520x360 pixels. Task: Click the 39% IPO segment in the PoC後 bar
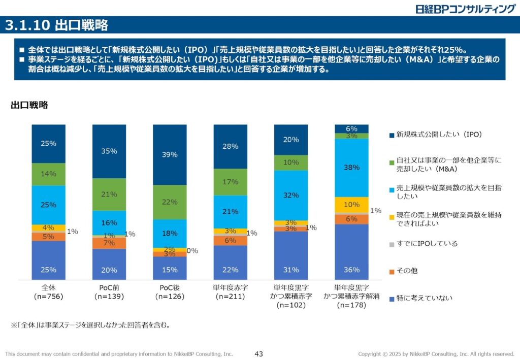(x=170, y=154)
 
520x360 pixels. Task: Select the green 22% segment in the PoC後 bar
(x=170, y=202)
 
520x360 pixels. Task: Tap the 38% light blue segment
(x=351, y=168)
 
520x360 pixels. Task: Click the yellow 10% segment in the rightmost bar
(x=351, y=205)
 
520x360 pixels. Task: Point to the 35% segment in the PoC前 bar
(x=109, y=151)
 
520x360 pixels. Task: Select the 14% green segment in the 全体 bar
(x=49, y=174)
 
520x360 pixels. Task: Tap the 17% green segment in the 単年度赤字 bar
(x=231, y=182)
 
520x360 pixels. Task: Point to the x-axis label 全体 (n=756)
(x=49, y=291)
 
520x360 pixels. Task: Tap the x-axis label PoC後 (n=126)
(x=170, y=291)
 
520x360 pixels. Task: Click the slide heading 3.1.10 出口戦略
(x=57, y=25)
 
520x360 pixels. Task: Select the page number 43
(x=258, y=354)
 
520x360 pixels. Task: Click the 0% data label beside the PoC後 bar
(x=192, y=250)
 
